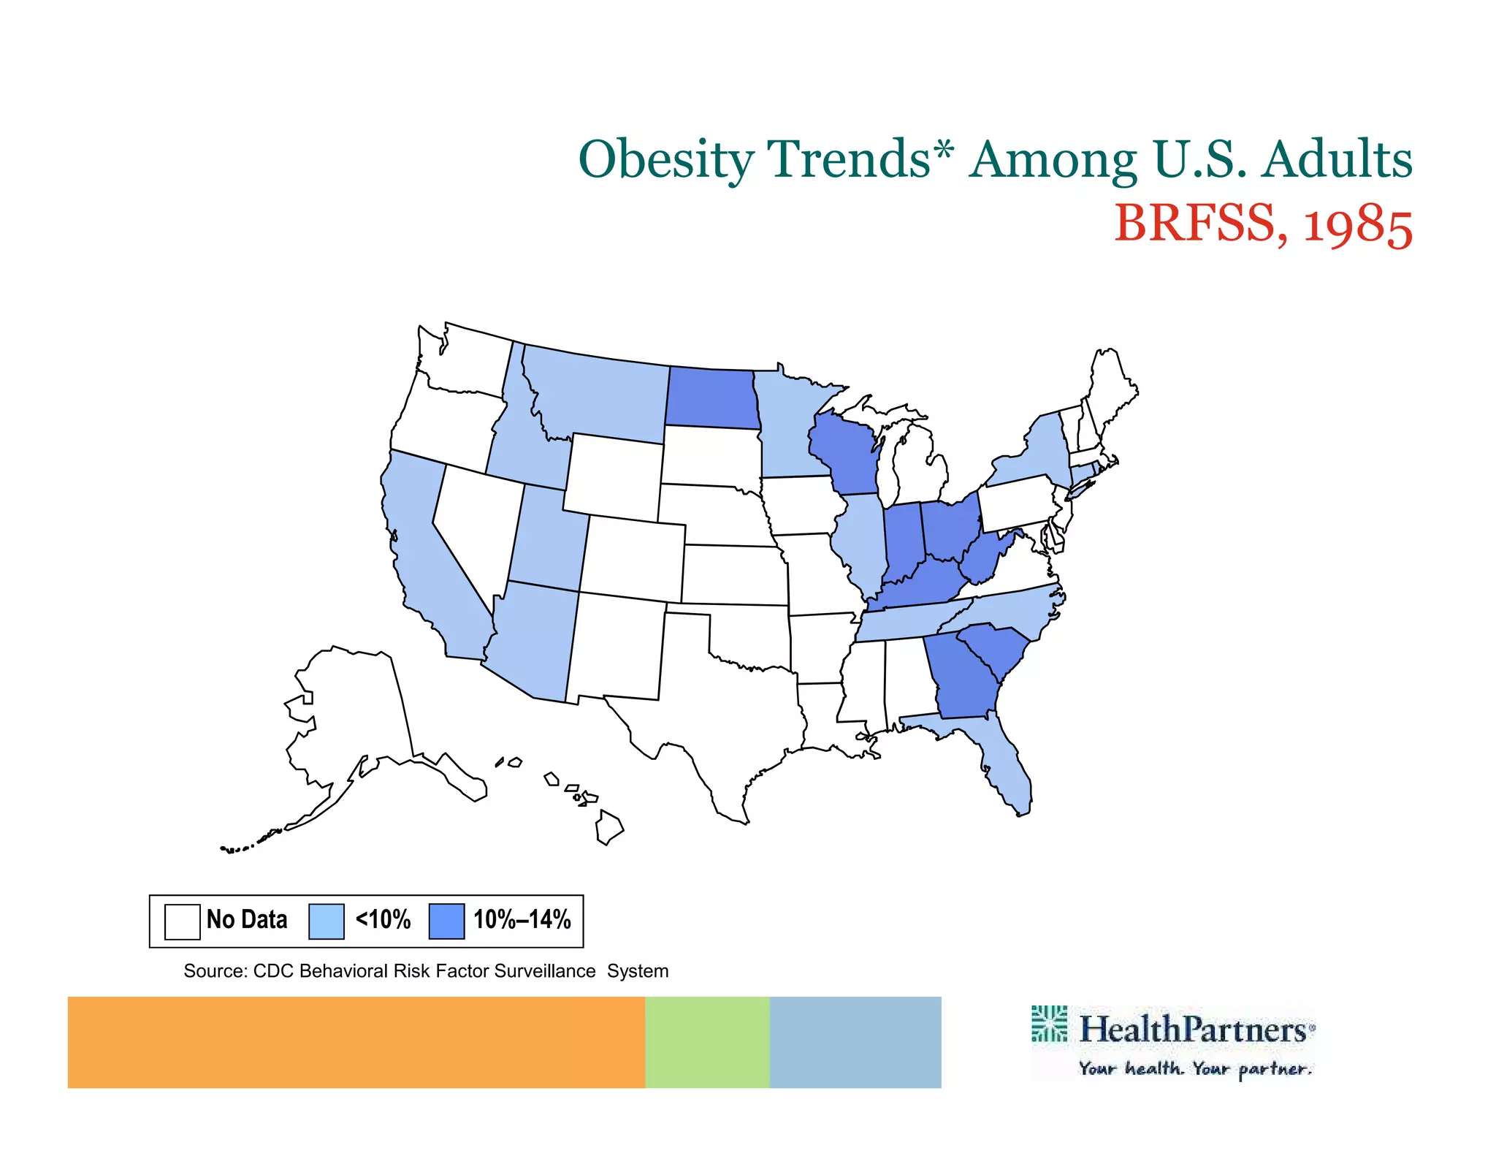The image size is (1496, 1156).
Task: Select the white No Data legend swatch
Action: (182, 921)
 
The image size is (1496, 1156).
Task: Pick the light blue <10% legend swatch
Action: (326, 921)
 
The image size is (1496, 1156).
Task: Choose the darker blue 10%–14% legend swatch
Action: (446, 921)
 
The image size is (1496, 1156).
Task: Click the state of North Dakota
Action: (711, 398)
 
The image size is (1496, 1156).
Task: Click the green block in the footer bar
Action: (706, 1041)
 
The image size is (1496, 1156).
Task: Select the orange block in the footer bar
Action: (356, 1041)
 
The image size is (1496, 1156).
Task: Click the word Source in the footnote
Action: (214, 971)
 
